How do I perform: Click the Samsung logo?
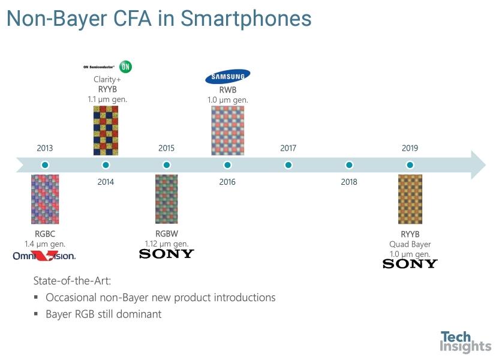pos(228,76)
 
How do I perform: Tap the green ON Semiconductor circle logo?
pos(125,67)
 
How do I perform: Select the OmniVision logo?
pos(44,256)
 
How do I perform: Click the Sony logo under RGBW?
pos(167,254)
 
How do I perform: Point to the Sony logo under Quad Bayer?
pos(410,263)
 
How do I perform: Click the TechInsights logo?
pos(465,342)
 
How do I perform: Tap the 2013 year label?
pos(45,148)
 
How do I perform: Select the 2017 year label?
pos(288,148)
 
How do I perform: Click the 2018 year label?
pos(349,182)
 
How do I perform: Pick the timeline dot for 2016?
pos(227,165)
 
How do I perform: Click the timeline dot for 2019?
pos(410,165)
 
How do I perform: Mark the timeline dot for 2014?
pos(106,165)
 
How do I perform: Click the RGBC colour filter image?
pos(45,199)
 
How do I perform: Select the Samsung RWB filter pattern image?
pos(228,131)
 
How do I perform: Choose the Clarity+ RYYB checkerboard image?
pos(106,131)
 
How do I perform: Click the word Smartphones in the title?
pos(246,19)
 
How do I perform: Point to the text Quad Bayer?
pos(410,244)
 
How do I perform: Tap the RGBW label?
pos(167,234)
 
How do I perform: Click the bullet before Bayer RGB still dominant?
pos(36,314)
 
